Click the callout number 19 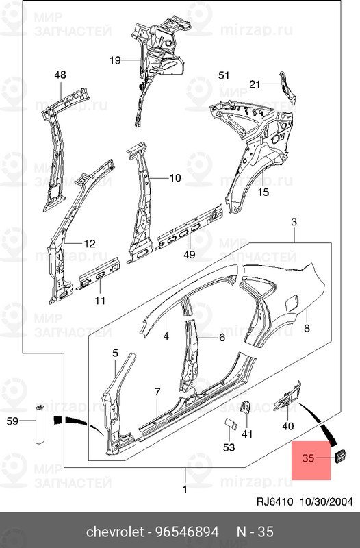(114, 60)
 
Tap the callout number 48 (60, 75)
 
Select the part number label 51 (224, 75)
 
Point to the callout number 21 (255, 84)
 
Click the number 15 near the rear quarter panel (263, 192)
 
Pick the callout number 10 (175, 178)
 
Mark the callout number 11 (100, 300)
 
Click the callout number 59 (12, 422)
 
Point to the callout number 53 (229, 447)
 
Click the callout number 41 (247, 434)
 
